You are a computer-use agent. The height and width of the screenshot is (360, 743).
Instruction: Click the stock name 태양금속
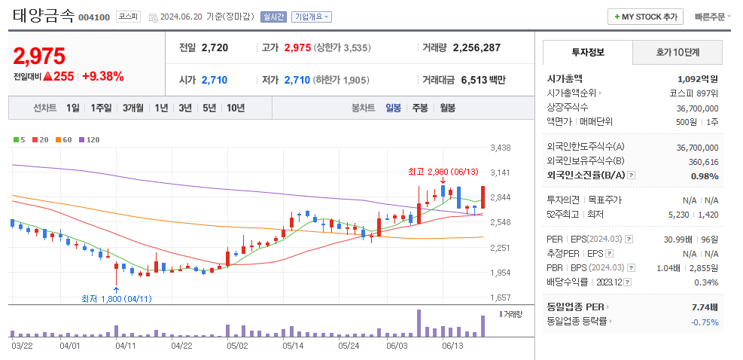(44, 16)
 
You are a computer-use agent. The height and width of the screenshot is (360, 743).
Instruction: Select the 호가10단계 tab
(677, 53)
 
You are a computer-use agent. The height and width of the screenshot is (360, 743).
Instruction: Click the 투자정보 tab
(587, 53)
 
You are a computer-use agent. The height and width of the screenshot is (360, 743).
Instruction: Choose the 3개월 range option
(132, 108)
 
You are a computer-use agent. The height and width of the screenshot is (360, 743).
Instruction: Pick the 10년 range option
(235, 108)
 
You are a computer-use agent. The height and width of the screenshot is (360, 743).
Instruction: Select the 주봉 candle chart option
(419, 108)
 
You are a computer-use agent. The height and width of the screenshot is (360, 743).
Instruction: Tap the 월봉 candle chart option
(447, 108)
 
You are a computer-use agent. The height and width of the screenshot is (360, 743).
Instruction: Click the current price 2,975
(39, 56)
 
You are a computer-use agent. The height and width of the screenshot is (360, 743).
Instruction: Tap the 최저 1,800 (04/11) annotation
(117, 298)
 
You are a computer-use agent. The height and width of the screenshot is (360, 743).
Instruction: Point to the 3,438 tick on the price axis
(500, 148)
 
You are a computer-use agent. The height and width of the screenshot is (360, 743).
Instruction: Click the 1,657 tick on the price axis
(500, 298)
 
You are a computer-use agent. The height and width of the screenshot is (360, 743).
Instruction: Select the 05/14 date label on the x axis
(293, 346)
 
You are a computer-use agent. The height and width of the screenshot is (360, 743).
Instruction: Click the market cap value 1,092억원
(697, 78)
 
